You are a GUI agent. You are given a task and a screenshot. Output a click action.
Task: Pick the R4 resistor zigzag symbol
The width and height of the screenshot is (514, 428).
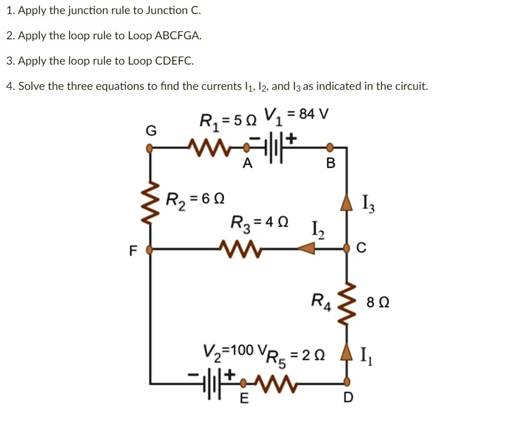click(x=346, y=303)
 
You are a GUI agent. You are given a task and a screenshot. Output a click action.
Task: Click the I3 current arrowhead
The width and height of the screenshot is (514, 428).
click(x=347, y=202)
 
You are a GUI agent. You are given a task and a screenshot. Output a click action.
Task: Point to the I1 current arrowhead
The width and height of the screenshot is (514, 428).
click(x=347, y=352)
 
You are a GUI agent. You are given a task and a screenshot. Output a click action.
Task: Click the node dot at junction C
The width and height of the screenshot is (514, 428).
click(x=347, y=248)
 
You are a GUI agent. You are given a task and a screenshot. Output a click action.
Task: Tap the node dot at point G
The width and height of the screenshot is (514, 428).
click(x=149, y=148)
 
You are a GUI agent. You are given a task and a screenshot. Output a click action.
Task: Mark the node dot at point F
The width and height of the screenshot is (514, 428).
click(x=149, y=250)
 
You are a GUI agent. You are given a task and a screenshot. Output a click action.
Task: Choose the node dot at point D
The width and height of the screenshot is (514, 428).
click(x=347, y=382)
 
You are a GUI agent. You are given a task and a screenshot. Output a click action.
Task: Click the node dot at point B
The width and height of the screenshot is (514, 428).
click(x=330, y=148)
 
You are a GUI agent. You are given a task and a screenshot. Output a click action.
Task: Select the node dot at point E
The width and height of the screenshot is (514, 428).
click(x=243, y=383)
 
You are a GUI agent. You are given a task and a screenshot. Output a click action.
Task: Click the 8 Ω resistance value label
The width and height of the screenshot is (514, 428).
click(x=378, y=302)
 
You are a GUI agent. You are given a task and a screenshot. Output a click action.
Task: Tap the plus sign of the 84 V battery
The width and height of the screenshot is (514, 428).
click(x=291, y=138)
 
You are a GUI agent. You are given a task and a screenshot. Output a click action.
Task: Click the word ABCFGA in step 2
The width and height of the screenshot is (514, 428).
click(x=178, y=35)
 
